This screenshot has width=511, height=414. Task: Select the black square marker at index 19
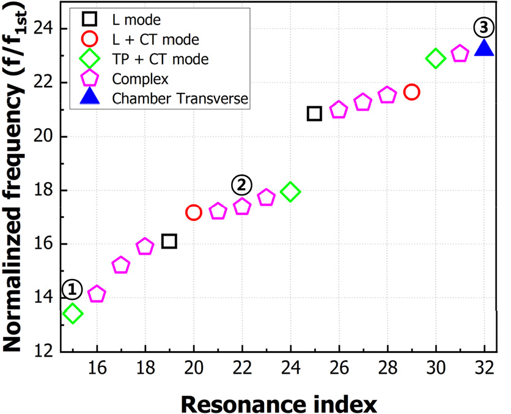point(169,241)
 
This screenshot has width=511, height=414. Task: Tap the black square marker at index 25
point(314,113)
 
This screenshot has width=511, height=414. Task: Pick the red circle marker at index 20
point(194,212)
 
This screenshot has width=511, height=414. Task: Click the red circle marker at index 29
point(411,92)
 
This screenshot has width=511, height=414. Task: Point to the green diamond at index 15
point(73,314)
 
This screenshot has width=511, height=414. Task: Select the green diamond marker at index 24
point(290,192)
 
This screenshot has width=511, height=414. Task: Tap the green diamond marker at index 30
point(435,59)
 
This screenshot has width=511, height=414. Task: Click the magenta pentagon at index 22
point(242,206)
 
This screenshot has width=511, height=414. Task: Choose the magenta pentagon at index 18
point(145,247)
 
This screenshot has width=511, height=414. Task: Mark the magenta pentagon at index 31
point(460,54)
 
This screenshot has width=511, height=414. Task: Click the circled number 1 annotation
point(72,288)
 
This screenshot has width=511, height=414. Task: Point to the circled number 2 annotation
point(241,184)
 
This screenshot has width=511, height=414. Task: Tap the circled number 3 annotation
point(483,27)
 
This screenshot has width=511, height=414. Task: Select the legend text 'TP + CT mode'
point(161,59)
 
